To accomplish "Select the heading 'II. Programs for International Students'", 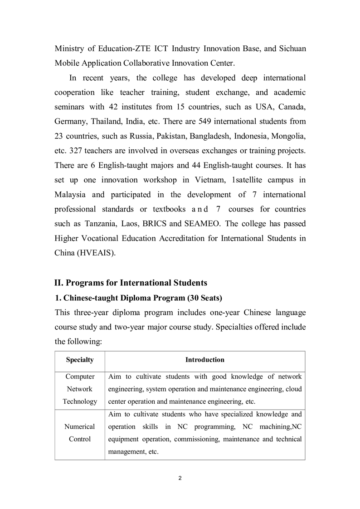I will tap(131, 283).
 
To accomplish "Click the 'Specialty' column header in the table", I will tap(80, 360).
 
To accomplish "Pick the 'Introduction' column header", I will tap(204, 360).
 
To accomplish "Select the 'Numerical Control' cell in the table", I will tap(80, 433).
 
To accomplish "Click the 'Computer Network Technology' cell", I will tap(80, 389).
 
